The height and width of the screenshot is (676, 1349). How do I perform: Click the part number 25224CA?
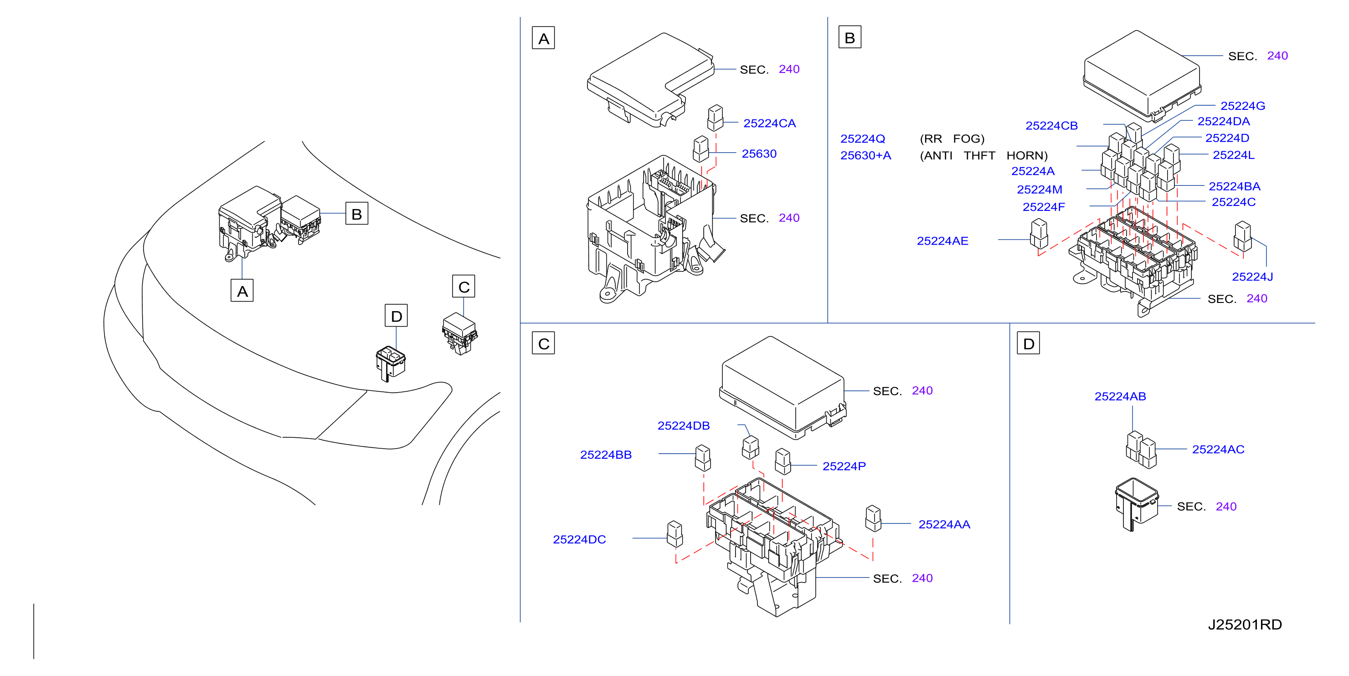click(x=769, y=123)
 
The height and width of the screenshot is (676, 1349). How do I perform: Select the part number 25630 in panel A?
click(x=759, y=154)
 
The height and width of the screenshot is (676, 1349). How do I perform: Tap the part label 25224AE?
click(x=942, y=241)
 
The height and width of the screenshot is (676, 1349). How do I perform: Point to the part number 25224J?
click(x=1252, y=277)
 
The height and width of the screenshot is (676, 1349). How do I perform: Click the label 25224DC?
click(x=579, y=539)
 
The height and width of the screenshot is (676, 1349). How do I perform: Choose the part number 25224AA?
click(x=944, y=524)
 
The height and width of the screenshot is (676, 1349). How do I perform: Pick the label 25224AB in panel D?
click(x=1120, y=396)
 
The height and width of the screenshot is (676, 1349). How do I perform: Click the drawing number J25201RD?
click(x=1245, y=624)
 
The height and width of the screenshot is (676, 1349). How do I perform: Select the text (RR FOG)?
click(x=952, y=139)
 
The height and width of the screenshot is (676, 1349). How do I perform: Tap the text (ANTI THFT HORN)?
click(x=983, y=155)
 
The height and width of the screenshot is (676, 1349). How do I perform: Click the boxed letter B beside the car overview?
click(x=357, y=214)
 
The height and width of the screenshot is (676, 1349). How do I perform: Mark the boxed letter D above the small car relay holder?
click(x=396, y=316)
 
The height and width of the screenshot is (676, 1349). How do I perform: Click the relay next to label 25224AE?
click(x=1039, y=234)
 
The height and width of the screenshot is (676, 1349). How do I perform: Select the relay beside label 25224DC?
click(x=674, y=534)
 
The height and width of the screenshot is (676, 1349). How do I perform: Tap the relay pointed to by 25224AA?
click(x=873, y=518)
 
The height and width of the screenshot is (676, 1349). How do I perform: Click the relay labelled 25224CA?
click(x=716, y=118)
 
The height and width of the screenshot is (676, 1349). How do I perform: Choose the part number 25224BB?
click(x=606, y=455)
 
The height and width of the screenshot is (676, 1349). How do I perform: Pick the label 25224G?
click(x=1243, y=106)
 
